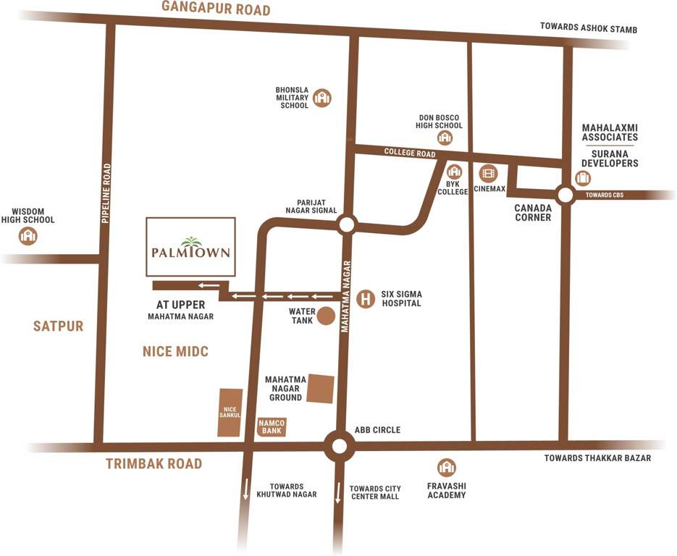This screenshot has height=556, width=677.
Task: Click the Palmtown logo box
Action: (190, 247)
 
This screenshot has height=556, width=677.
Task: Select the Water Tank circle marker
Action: (327, 316)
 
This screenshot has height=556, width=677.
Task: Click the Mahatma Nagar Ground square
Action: (321, 388)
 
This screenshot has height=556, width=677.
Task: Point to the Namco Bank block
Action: (272, 426)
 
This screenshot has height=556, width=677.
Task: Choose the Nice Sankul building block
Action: (230, 413)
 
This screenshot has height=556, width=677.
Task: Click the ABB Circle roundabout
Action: (339, 446)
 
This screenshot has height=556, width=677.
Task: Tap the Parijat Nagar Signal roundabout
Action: (346, 225)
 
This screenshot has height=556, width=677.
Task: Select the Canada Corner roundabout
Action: (565, 194)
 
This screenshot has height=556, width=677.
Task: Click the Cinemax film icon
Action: (489, 173)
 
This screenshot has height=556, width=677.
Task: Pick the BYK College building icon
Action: (454, 172)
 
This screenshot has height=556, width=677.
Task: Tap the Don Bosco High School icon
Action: (445, 137)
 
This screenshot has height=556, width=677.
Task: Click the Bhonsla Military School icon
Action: (321, 98)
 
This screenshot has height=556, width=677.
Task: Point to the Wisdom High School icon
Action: (28, 235)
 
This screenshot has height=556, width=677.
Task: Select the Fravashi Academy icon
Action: (447, 468)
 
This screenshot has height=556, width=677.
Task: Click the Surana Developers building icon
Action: (583, 178)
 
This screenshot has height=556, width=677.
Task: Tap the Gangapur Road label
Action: (216, 9)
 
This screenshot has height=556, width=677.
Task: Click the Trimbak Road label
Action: (154, 464)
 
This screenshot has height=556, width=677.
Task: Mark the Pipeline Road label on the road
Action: (106, 193)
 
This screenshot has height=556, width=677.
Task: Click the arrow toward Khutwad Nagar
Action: (246, 489)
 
